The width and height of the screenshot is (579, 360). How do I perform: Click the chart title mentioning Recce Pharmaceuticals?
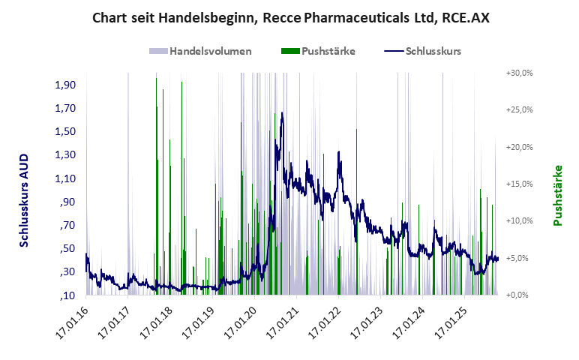click(x=290, y=17)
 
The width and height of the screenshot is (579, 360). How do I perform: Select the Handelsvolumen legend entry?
click(x=210, y=52)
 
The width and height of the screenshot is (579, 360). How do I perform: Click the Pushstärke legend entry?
click(x=328, y=52)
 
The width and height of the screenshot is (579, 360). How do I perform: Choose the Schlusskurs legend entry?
click(x=433, y=52)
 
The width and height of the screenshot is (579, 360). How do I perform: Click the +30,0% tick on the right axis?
click(x=519, y=73)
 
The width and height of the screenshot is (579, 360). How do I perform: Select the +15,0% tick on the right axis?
click(x=519, y=184)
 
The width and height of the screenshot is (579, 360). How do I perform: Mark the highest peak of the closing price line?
click(x=282, y=113)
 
